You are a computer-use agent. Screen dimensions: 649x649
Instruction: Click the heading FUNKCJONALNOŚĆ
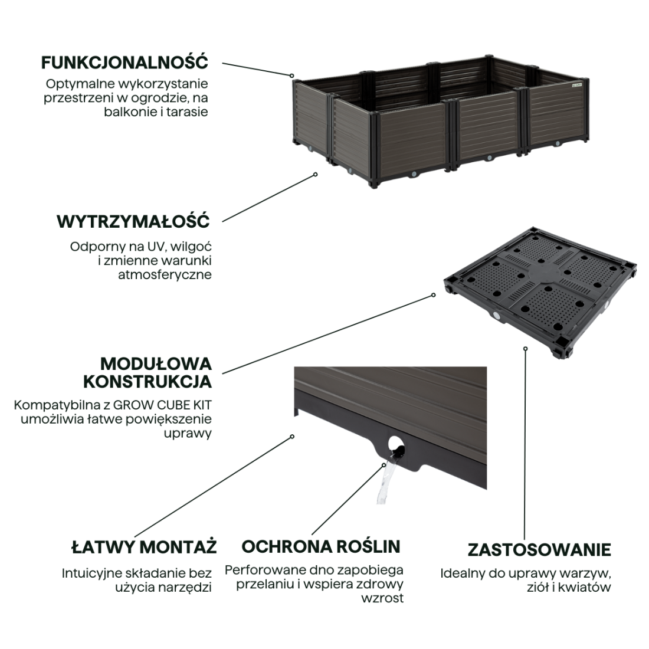tap(124, 62)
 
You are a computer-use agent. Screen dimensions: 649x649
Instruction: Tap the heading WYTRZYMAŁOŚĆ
tap(133, 222)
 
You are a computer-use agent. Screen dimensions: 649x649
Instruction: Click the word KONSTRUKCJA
tap(147, 381)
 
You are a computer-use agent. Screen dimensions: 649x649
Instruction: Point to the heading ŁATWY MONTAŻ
tap(144, 546)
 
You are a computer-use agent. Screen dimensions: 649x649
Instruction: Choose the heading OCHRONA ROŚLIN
tap(321, 546)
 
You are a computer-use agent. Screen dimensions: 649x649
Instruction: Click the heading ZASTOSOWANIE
tap(539, 550)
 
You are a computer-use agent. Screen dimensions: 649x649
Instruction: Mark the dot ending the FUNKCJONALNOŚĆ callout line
tap(291, 76)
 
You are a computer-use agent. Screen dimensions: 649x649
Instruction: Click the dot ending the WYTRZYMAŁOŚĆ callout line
tap(316, 174)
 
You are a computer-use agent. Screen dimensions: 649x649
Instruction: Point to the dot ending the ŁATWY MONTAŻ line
tap(292, 437)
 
